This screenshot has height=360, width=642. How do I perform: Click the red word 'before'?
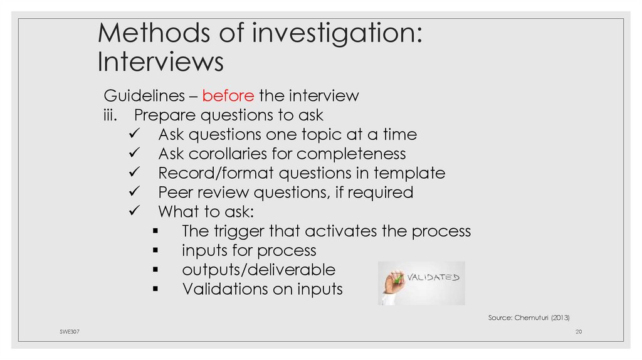(228, 96)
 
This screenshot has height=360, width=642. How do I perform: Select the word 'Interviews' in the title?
(160, 62)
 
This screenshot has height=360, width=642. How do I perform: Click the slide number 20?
(579, 331)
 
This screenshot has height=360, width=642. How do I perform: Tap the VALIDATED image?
(421, 283)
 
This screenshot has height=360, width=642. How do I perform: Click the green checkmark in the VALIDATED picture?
(397, 278)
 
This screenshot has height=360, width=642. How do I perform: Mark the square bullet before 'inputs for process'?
(155, 251)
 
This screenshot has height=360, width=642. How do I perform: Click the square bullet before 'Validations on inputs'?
(155, 290)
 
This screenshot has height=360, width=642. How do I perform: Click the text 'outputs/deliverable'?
(258, 270)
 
